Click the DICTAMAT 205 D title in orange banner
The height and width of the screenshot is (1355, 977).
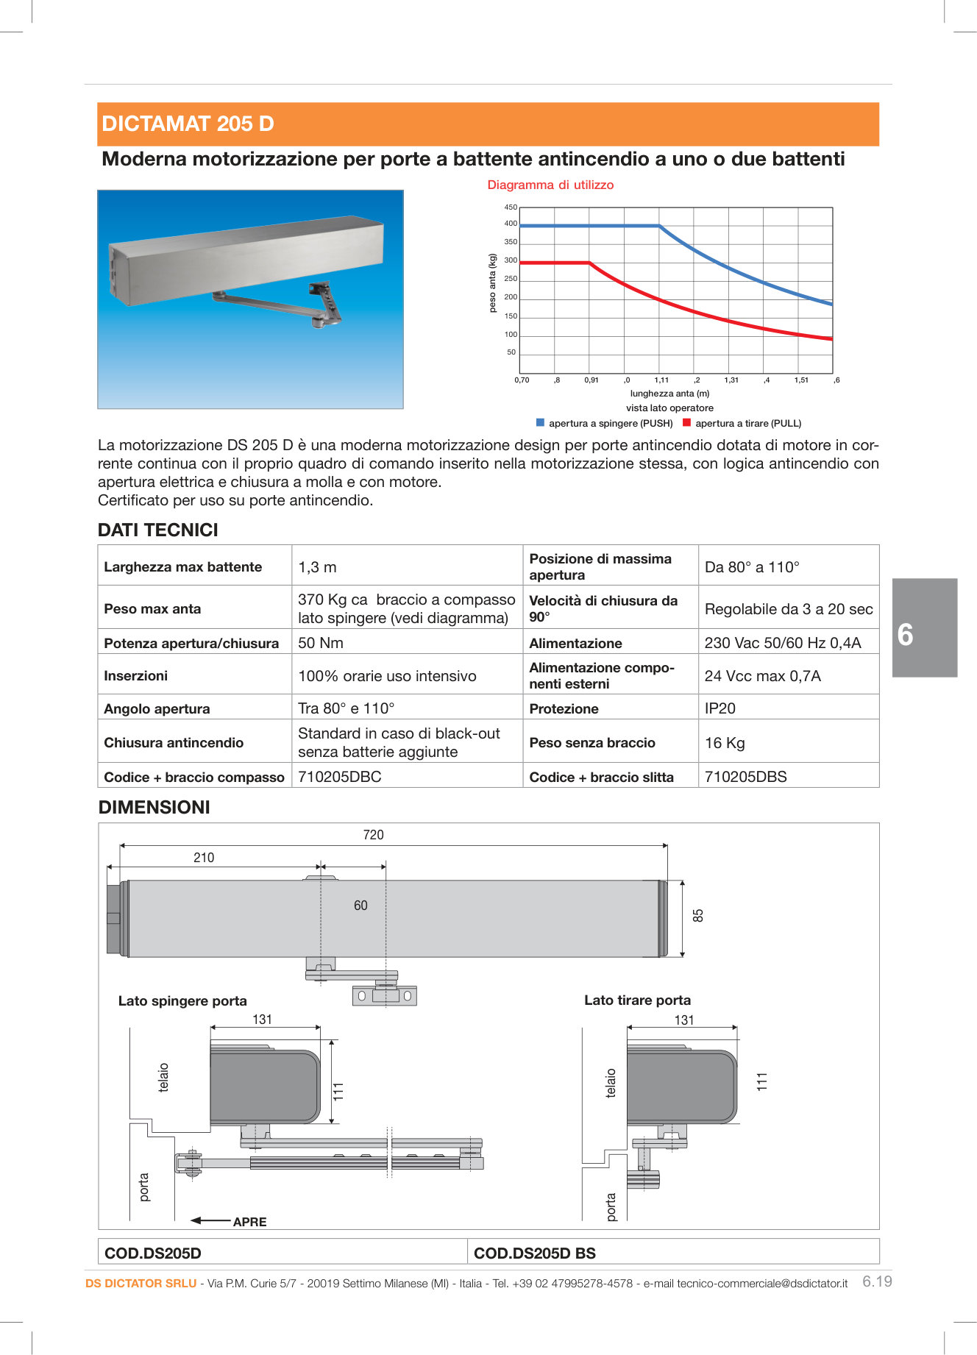coord(188,124)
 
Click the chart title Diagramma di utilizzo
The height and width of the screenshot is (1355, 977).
coord(550,185)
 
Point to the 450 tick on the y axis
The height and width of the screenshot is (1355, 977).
coord(511,207)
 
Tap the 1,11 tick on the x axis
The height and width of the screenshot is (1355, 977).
coord(661,380)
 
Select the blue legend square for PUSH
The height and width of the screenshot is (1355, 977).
coord(541,423)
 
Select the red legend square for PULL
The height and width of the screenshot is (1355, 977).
coord(687,423)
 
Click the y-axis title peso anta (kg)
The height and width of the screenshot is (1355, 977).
coord(493,283)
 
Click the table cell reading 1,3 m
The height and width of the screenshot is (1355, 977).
coord(317,567)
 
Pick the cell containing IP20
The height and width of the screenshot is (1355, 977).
coord(720,708)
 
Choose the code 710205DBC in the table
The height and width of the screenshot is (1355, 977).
coord(339,777)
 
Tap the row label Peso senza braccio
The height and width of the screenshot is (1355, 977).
coord(591,743)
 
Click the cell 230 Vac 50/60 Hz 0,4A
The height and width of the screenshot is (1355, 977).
coord(782,643)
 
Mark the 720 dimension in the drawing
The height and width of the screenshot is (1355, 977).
coord(373,835)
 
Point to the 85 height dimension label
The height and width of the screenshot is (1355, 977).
coord(698,916)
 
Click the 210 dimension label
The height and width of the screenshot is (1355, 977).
coord(204,858)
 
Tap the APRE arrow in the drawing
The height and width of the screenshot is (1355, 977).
coord(212,1220)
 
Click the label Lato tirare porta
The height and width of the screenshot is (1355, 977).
coord(637,1000)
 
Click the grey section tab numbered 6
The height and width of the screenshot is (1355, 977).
coord(924,627)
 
